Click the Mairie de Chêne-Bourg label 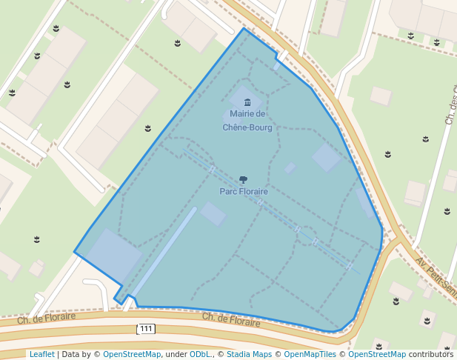tap(247, 120)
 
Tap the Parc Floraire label tap(244, 191)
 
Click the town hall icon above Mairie tap(247, 102)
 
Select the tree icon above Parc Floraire tap(244, 179)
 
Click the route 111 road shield tap(146, 328)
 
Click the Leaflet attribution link tap(41, 354)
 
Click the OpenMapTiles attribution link tap(304, 354)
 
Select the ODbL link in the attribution tap(201, 354)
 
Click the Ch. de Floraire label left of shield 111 tap(47, 319)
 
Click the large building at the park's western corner tap(113, 254)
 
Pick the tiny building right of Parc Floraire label tap(290, 168)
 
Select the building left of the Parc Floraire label tap(213, 214)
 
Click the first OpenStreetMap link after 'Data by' tap(132, 354)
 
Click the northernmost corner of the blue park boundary tap(244, 29)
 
